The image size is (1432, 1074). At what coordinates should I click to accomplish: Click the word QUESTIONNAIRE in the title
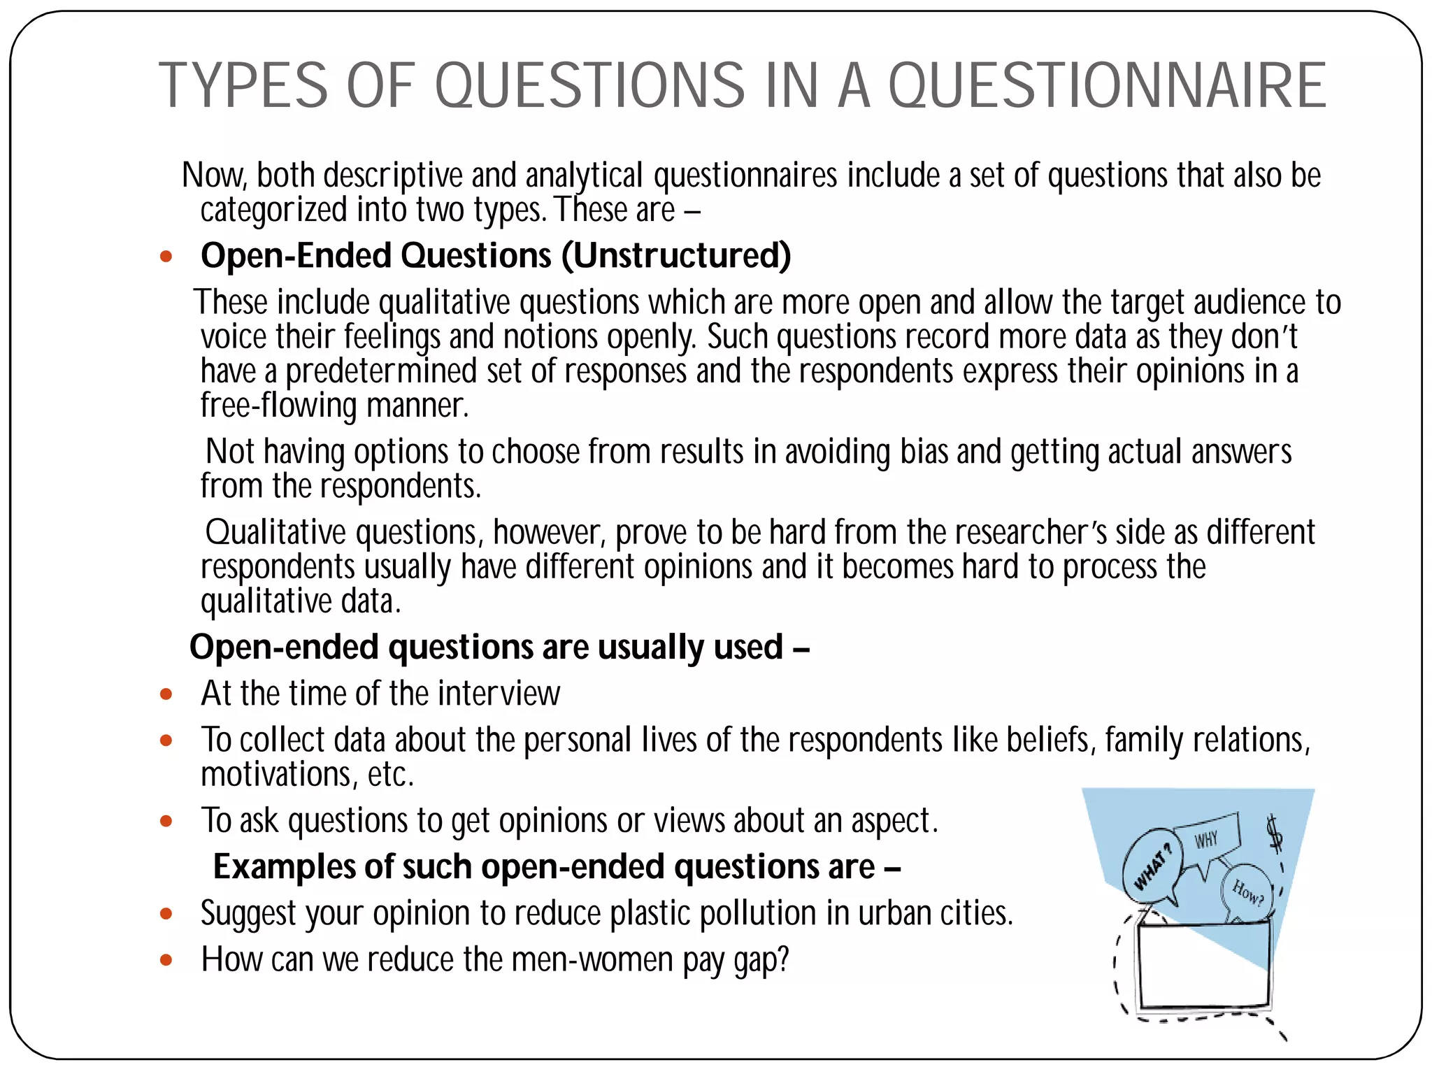(1107, 85)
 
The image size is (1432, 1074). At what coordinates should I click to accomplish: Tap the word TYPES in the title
(243, 85)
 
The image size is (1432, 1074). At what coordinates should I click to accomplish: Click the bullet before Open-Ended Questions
(166, 257)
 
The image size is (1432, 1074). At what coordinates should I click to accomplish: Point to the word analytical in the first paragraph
(584, 175)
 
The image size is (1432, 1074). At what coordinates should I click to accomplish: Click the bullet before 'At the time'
(166, 694)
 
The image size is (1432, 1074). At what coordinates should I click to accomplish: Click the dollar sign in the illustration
(1275, 834)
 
